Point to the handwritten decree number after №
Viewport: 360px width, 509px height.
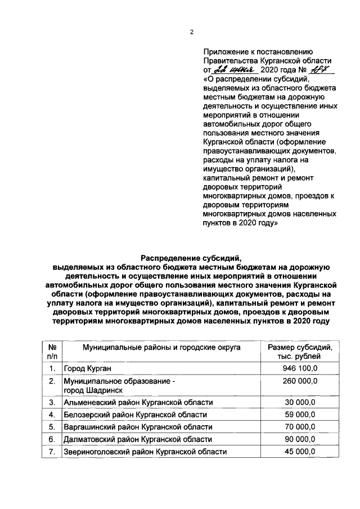click(x=323, y=70)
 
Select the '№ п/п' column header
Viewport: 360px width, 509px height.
click(x=52, y=352)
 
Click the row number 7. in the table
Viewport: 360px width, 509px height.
click(x=52, y=452)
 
